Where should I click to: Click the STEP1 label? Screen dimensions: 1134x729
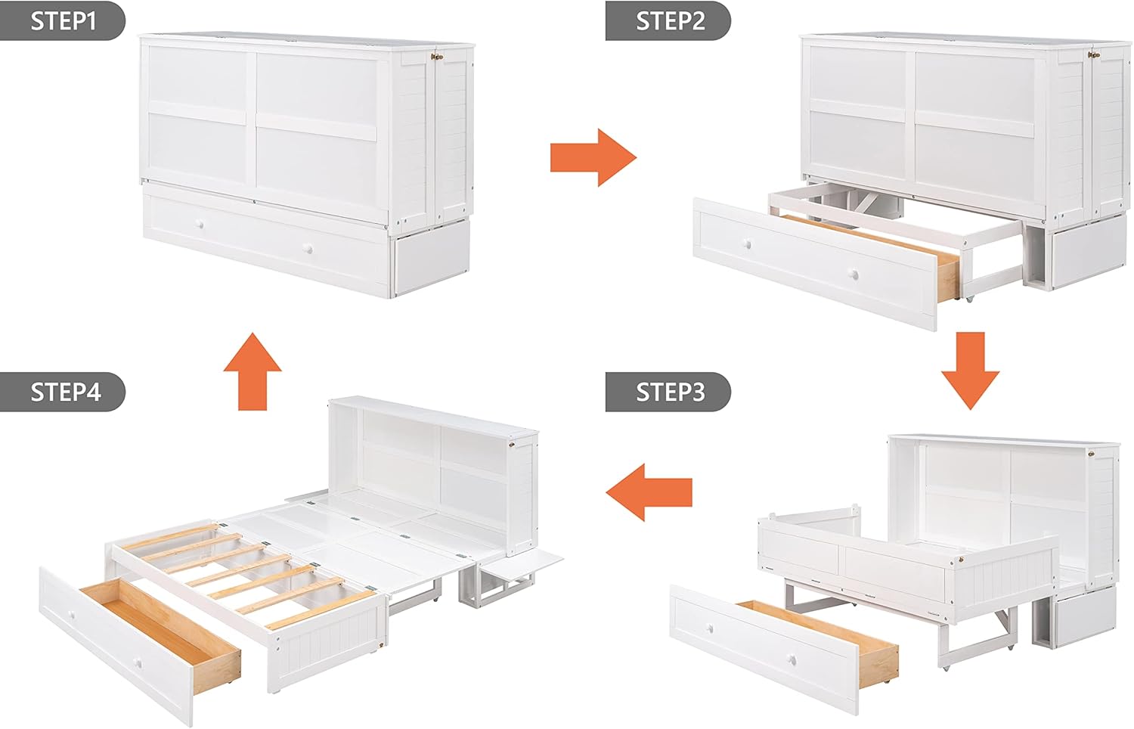(63, 20)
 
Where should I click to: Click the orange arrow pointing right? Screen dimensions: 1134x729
(593, 157)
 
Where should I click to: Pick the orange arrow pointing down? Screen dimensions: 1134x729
(970, 371)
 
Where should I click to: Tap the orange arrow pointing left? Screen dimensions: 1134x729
(649, 492)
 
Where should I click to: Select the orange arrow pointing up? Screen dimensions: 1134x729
(252, 371)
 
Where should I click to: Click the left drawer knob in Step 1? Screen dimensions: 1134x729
(200, 225)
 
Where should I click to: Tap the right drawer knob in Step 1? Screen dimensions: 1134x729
(308, 249)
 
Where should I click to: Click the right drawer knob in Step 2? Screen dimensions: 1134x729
(854, 275)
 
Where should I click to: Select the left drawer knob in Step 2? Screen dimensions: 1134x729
(748, 244)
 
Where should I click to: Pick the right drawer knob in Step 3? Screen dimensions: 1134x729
(792, 660)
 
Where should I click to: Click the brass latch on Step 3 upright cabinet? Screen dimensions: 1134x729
(1095, 454)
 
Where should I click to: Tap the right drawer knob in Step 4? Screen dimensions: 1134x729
(138, 662)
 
